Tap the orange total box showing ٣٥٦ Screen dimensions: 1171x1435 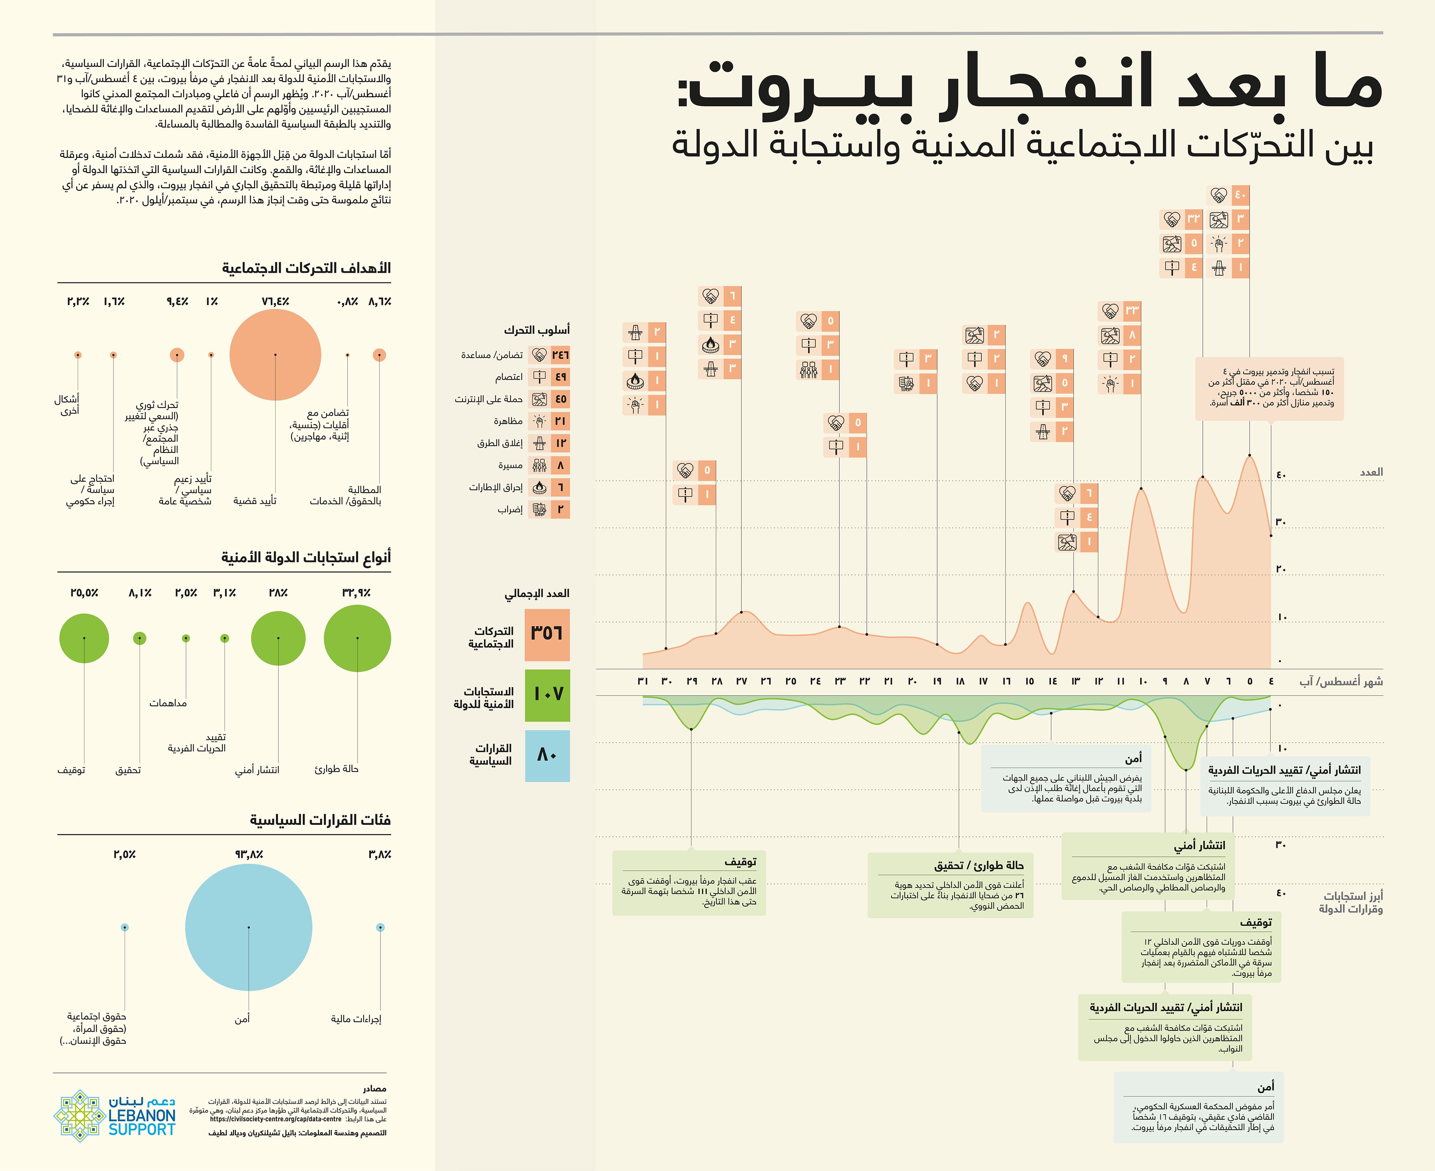point(547,635)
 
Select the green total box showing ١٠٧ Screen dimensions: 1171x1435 point(547,695)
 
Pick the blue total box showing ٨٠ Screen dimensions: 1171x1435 point(547,755)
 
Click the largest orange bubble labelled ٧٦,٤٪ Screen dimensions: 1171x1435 point(275,355)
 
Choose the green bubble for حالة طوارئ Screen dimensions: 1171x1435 point(358,638)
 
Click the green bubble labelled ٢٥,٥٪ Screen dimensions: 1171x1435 point(84,638)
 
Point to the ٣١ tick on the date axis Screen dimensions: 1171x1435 point(643,681)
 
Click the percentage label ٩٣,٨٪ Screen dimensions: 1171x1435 point(249,855)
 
